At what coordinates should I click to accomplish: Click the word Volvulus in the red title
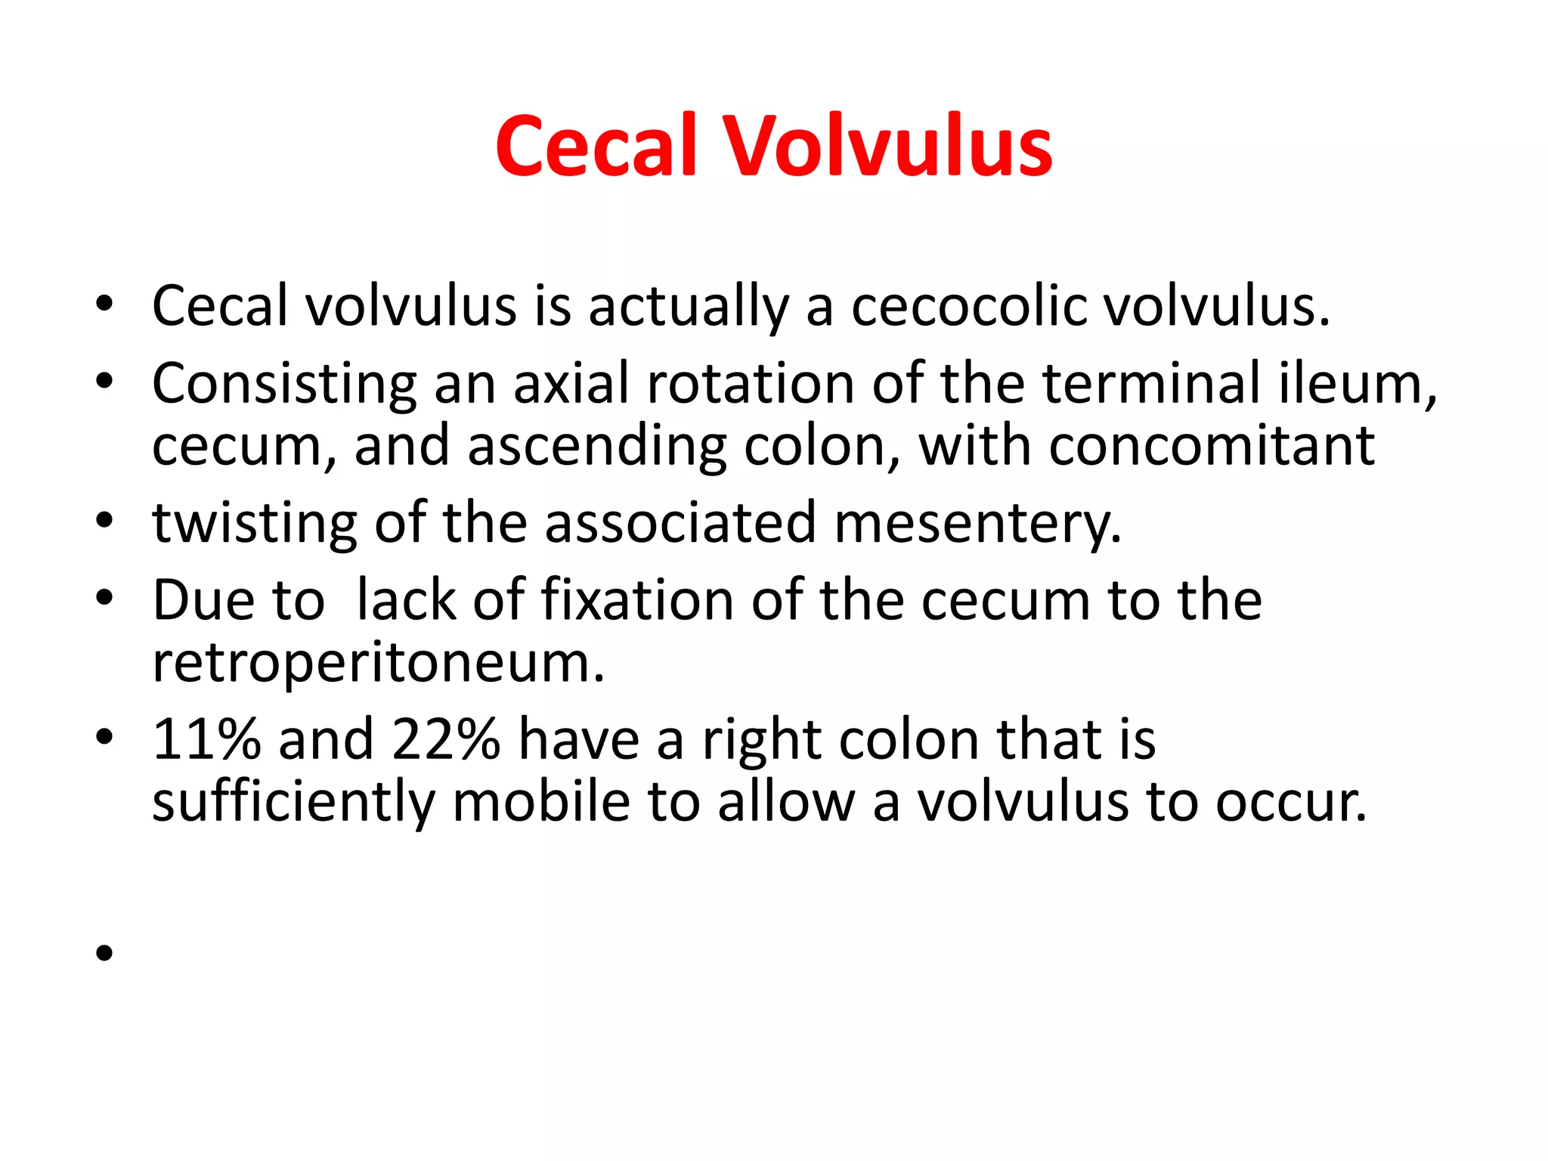click(x=889, y=147)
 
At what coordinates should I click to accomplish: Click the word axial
click(x=571, y=383)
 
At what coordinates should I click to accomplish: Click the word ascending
click(x=596, y=447)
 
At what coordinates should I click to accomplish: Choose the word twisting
click(x=255, y=523)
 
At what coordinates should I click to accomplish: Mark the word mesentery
click(x=977, y=523)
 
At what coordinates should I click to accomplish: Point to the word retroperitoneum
click(x=378, y=664)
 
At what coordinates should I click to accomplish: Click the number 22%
click(x=446, y=739)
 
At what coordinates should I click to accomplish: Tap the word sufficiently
click(x=293, y=803)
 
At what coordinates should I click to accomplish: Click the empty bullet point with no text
click(x=104, y=953)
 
